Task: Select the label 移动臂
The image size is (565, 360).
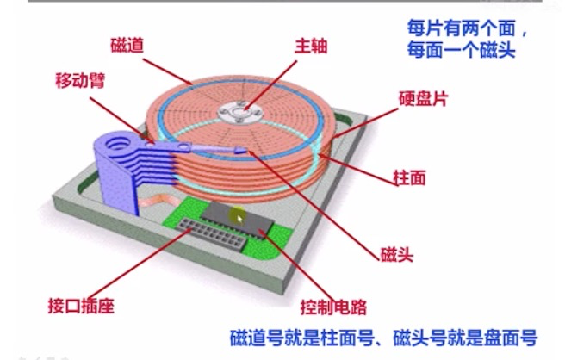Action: (x=75, y=84)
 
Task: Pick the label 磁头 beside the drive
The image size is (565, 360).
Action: (x=398, y=255)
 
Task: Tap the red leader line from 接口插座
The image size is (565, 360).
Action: (x=146, y=267)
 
